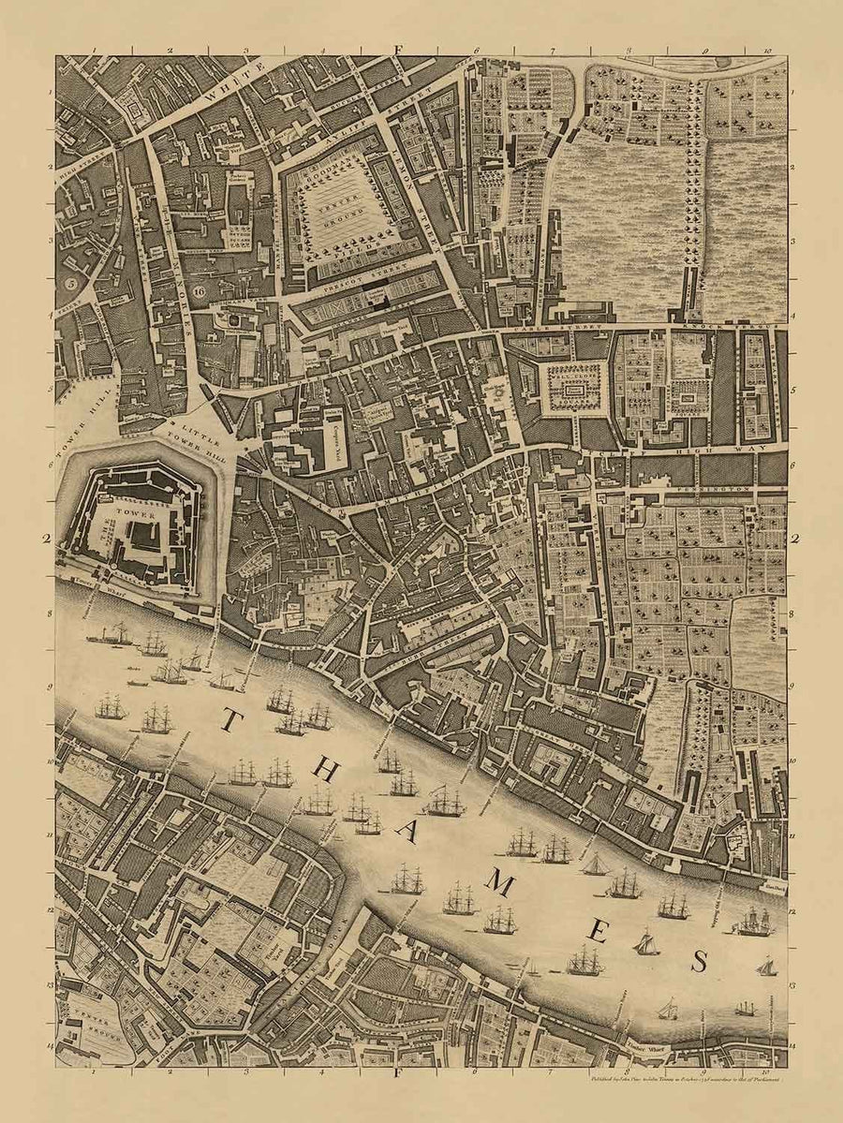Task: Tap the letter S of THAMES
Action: [x=698, y=959]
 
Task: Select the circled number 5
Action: [x=68, y=279]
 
